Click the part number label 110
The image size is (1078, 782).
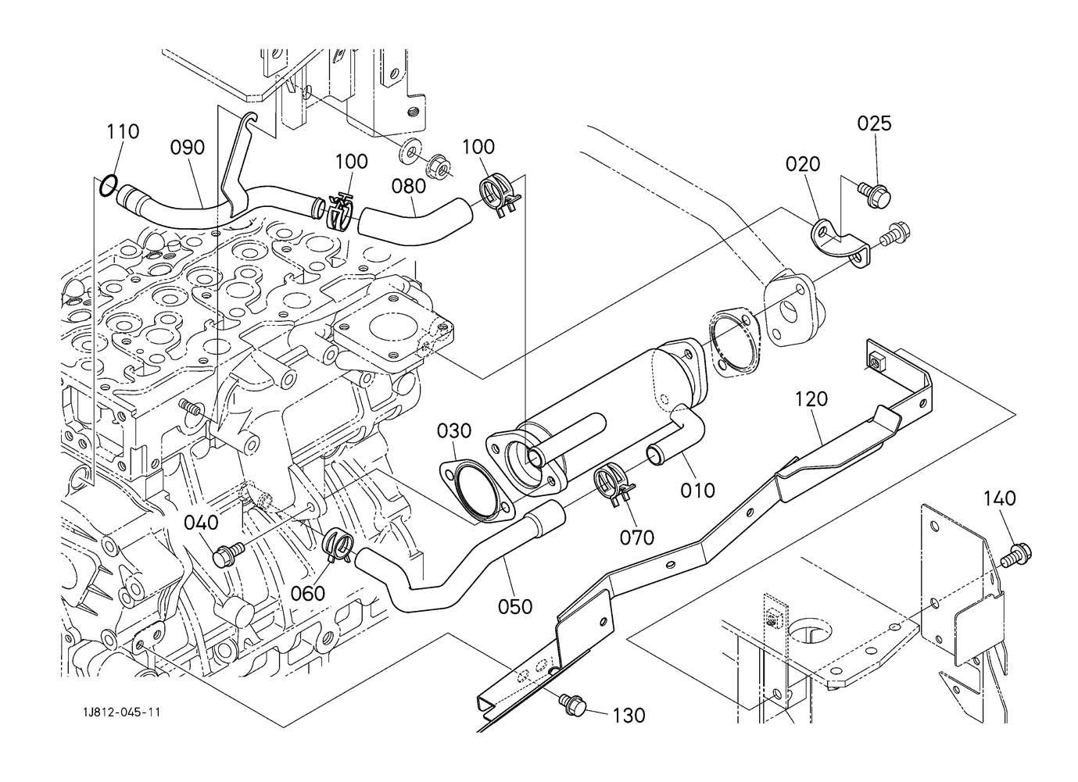tap(123, 131)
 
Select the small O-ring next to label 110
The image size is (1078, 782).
tap(109, 185)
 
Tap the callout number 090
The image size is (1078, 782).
tap(188, 148)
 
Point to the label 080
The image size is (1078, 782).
tap(409, 186)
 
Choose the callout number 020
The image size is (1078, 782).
tap(803, 164)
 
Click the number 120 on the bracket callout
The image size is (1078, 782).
tap(811, 399)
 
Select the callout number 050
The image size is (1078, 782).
tap(515, 606)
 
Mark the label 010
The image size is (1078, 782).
tap(697, 491)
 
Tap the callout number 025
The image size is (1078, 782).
tap(874, 123)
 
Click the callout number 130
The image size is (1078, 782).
tap(629, 715)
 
